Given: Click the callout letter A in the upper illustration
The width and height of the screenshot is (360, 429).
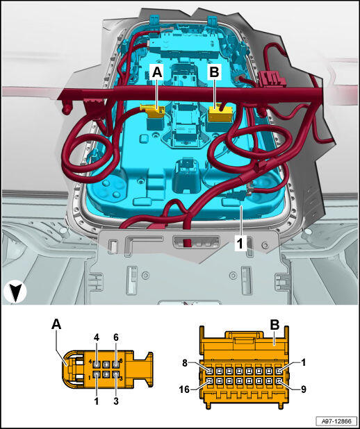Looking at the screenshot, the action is tap(156, 72).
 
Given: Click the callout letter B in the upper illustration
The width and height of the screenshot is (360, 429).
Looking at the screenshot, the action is tap(214, 72).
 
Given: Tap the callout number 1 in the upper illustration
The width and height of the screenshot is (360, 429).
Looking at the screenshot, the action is tap(240, 244).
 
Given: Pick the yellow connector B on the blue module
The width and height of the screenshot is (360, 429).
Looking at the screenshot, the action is tap(220, 114).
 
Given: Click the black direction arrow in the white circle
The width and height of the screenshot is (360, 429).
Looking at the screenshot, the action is tap(15, 293).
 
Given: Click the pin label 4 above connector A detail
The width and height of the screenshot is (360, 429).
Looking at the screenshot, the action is tap(97, 338).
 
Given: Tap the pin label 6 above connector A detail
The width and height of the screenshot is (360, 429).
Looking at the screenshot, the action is tap(116, 338).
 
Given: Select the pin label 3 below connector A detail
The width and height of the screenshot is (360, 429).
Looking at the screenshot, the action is tap(116, 401).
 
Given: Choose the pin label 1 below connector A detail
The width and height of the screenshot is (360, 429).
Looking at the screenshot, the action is tap(97, 401).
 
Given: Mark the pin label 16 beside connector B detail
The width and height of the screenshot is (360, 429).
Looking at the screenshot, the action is tap(185, 389).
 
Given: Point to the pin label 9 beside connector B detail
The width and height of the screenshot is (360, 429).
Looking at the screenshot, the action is tap(303, 389).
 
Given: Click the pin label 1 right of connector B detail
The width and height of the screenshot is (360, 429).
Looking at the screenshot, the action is tap(303, 362).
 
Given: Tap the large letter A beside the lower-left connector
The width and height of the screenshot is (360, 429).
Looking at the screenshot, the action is tap(56, 324).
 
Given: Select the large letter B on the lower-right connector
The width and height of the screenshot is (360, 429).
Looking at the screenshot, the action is tap(275, 326).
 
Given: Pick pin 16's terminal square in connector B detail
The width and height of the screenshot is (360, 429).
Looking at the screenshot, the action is tap(210, 380).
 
